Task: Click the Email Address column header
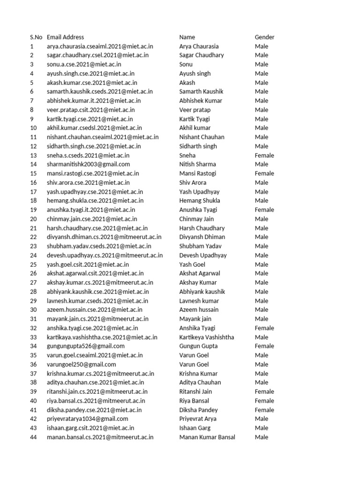click(65, 37)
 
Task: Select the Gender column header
click(264, 37)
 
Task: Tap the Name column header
click(187, 37)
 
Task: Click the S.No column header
click(36, 37)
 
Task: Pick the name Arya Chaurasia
click(199, 46)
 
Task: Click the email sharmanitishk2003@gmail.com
click(88, 165)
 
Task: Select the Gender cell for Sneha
click(264, 155)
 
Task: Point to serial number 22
click(33, 237)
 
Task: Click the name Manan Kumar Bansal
click(207, 437)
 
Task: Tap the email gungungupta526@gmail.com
click(85, 346)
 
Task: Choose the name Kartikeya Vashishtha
click(207, 337)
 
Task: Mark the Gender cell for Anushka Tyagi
click(264, 210)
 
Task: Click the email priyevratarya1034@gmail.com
click(87, 419)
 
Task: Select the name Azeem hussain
click(199, 310)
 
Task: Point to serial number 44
click(33, 437)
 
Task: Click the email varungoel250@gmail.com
click(81, 364)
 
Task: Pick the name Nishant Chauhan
click(202, 137)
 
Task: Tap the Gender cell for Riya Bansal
click(264, 401)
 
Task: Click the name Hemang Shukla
click(201, 201)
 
